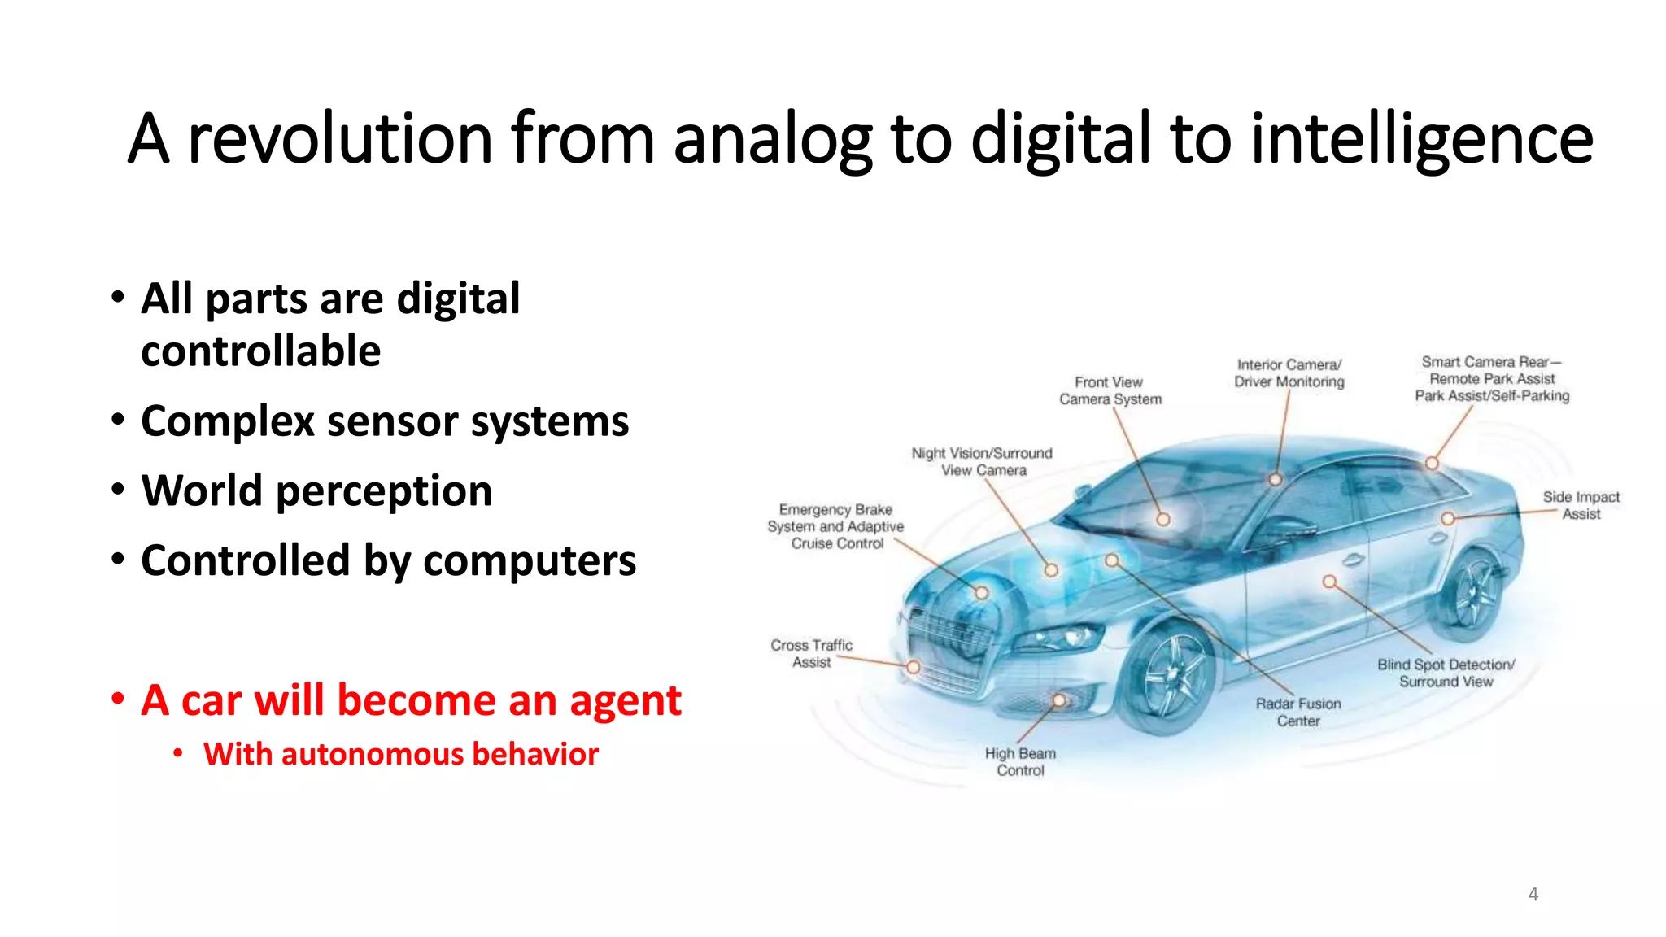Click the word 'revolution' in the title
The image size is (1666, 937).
pos(340,139)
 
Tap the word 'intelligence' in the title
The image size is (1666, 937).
pos(1421,139)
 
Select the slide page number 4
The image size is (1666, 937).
pos(1533,895)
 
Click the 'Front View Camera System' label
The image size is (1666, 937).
pos(1110,390)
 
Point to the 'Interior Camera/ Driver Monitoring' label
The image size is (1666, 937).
pos(1289,373)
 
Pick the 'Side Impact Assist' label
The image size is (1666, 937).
pos(1581,505)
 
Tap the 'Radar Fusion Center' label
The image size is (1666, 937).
pos(1297,712)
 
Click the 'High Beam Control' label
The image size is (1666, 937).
pos(1020,762)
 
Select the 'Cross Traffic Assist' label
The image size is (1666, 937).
pos(811,653)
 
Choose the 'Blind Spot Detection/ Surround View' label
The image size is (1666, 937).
pos(1446,673)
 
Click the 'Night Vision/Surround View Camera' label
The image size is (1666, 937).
pos(982,461)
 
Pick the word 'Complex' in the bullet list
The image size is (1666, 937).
pos(228,421)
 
